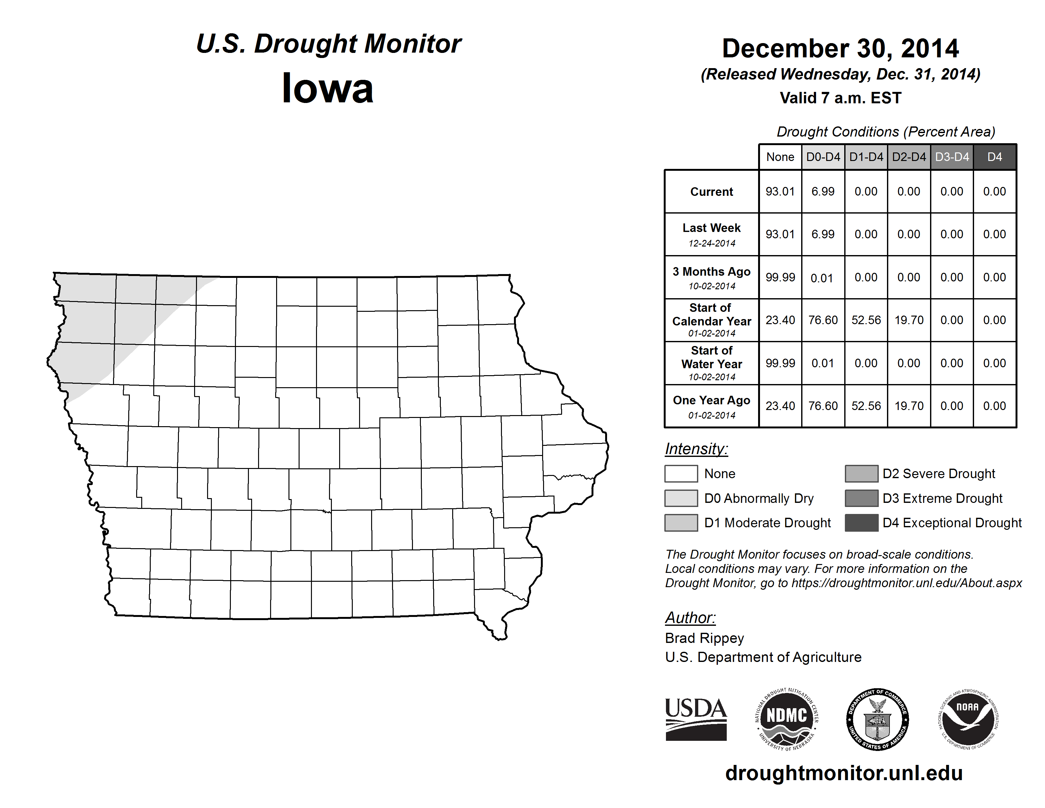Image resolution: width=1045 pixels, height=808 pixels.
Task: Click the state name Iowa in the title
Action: click(327, 88)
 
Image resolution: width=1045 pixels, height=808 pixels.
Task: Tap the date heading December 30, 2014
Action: click(840, 48)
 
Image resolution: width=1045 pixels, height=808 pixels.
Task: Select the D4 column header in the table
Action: click(994, 157)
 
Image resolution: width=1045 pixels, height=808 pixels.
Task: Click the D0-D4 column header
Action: click(823, 157)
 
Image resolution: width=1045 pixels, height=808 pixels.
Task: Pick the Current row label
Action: click(712, 191)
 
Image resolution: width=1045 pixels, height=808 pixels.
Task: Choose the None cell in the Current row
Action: click(780, 191)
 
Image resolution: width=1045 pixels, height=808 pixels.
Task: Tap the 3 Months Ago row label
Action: click(712, 277)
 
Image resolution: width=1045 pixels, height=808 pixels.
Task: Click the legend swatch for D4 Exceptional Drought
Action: click(861, 523)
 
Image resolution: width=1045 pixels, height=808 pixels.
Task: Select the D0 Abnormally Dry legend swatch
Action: click(681, 498)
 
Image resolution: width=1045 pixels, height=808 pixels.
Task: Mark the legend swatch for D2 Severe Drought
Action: click(861, 473)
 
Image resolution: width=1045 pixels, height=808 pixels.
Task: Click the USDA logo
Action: click(696, 720)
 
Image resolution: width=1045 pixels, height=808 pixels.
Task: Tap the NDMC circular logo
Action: click(787, 720)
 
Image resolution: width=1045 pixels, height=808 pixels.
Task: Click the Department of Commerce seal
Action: click(877, 720)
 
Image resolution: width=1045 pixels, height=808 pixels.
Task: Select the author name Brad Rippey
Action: click(704, 638)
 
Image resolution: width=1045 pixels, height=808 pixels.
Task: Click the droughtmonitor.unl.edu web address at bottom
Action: click(844, 773)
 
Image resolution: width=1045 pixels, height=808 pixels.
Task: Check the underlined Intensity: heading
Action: click(696, 449)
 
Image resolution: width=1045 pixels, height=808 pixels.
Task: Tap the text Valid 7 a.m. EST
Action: click(840, 98)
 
